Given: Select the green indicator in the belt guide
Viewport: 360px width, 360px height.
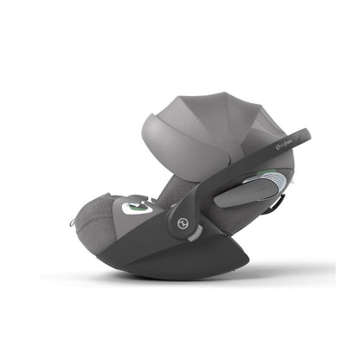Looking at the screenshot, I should click(137, 207).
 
